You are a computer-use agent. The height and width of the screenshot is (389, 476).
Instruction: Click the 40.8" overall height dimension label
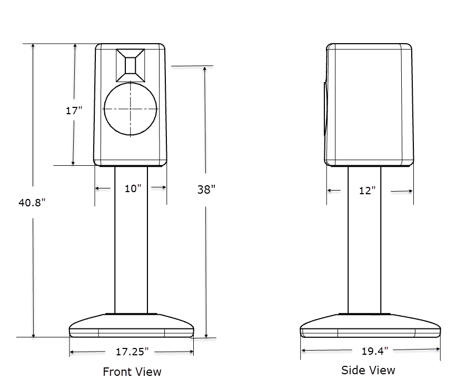(x=33, y=202)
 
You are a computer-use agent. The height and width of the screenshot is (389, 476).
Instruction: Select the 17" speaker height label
(x=74, y=111)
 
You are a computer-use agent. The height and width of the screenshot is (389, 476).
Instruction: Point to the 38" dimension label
(x=206, y=189)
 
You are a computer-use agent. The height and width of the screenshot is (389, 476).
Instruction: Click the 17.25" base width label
(x=132, y=351)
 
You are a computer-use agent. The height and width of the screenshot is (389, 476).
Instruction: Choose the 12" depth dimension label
(x=368, y=191)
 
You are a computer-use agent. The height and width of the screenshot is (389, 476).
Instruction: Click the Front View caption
(x=132, y=372)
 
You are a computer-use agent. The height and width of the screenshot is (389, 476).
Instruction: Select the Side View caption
(x=368, y=370)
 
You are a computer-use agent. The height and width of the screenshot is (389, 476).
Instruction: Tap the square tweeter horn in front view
(x=131, y=65)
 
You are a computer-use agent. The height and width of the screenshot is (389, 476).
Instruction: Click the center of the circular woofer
(x=131, y=109)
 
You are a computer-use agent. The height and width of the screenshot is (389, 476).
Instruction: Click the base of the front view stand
(x=131, y=327)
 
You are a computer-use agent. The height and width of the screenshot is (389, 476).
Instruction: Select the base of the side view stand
(x=370, y=326)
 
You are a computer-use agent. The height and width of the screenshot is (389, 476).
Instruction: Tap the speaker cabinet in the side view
(x=369, y=105)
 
